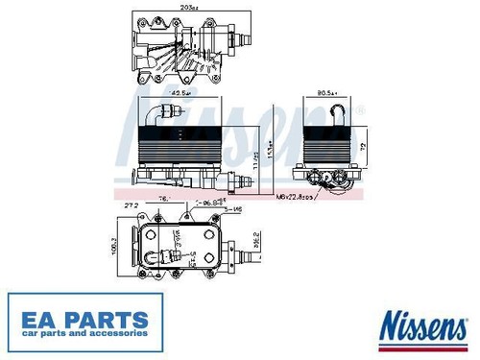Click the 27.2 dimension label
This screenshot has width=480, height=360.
point(132,204)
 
